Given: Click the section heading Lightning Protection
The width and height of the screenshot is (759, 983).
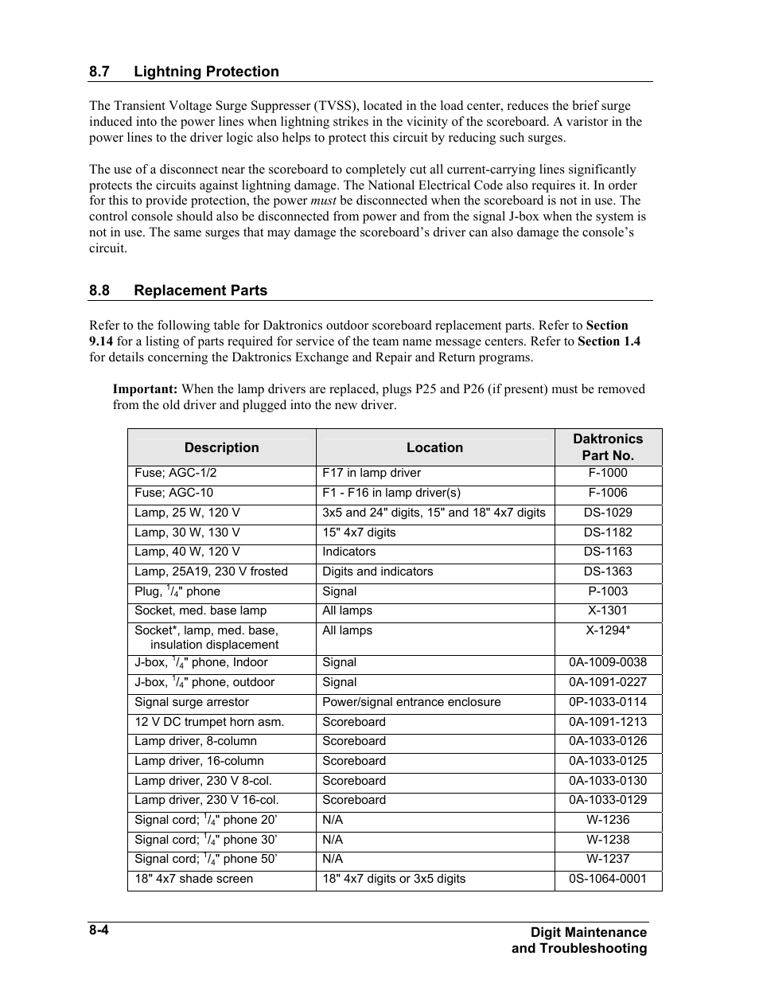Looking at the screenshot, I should click(x=206, y=72).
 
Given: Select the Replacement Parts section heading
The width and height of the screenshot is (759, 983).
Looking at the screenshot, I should click(x=200, y=291).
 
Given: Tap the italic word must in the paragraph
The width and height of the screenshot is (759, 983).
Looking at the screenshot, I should click(x=323, y=201).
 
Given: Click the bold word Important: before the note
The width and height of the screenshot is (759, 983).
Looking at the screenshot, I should click(x=145, y=389).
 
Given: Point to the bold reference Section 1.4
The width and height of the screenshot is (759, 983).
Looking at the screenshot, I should click(x=609, y=341).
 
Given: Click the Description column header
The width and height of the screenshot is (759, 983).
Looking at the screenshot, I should click(x=221, y=447).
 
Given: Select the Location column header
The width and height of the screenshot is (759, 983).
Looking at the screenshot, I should click(x=434, y=447).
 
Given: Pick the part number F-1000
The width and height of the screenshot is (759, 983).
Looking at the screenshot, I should click(x=608, y=473).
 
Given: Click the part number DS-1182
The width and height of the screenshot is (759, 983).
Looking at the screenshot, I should click(x=608, y=532).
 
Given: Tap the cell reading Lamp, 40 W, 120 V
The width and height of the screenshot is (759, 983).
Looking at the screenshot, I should click(x=187, y=552).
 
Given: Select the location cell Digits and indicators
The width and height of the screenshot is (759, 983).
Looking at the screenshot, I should click(x=378, y=571).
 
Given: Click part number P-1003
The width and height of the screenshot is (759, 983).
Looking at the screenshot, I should click(x=608, y=591).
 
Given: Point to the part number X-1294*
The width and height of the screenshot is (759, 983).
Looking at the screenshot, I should click(x=608, y=630).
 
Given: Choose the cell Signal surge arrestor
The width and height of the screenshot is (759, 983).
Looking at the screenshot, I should click(x=192, y=702).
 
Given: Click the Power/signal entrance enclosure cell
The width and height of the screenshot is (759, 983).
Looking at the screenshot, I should click(x=411, y=702).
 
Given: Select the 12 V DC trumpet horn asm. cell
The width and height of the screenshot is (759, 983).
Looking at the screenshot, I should click(x=209, y=722).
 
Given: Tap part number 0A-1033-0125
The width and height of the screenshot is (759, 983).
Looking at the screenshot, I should click(x=608, y=761).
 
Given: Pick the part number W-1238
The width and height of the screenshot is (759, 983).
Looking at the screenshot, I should click(x=608, y=840).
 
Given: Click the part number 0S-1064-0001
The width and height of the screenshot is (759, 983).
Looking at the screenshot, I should click(x=608, y=879).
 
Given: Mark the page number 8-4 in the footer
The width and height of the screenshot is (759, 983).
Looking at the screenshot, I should click(x=99, y=930).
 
